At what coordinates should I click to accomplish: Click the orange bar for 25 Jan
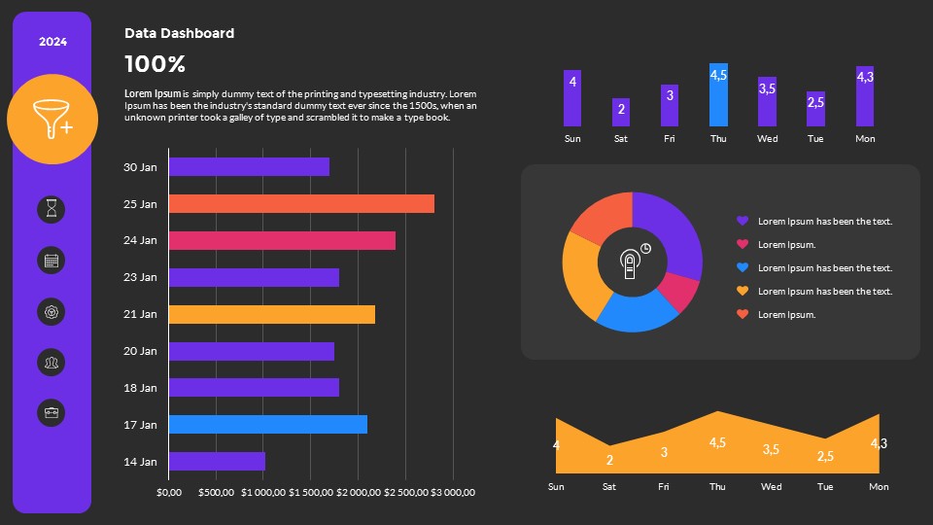click(x=301, y=204)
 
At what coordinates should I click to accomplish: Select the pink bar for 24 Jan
click(x=282, y=240)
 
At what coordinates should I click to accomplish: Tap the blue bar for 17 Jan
click(x=268, y=425)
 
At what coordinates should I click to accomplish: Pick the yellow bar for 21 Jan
click(x=272, y=314)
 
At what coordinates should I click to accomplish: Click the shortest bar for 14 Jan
click(x=217, y=462)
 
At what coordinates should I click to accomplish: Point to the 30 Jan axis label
click(x=140, y=167)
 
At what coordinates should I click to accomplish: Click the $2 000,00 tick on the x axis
click(x=358, y=492)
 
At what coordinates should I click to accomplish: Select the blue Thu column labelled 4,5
click(x=718, y=95)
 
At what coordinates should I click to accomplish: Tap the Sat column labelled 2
click(x=621, y=112)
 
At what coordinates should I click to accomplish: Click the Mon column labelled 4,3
click(x=865, y=96)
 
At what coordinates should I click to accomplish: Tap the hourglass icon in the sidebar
click(x=52, y=208)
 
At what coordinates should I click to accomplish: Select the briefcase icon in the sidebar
click(x=52, y=412)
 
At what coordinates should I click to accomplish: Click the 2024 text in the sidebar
click(x=52, y=42)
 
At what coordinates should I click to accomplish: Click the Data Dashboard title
click(x=179, y=33)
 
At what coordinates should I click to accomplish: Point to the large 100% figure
click(x=155, y=65)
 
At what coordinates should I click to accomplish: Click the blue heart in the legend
click(x=743, y=267)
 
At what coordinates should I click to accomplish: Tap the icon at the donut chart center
click(x=633, y=261)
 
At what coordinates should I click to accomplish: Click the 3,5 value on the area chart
click(x=771, y=449)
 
